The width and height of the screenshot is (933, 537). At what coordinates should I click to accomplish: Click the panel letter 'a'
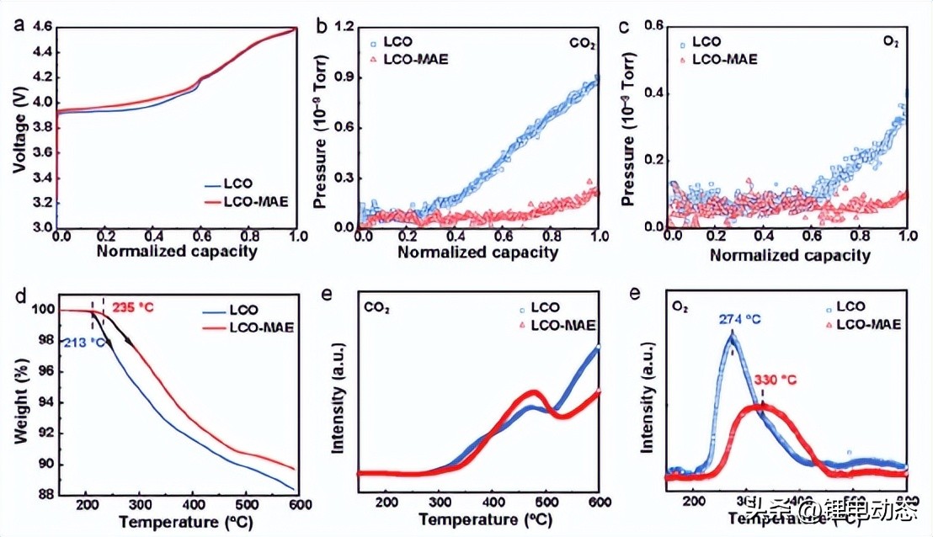coord(18,24)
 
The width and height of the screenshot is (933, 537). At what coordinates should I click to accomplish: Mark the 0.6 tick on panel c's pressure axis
coord(656,27)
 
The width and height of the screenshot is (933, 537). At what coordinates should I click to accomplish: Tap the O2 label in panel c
coord(894,40)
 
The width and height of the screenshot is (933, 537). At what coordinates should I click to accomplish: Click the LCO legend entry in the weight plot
coord(243,310)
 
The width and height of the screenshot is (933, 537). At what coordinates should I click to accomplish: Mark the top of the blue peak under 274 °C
coord(731,336)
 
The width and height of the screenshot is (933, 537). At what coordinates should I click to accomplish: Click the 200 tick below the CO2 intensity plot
coord(387,503)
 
